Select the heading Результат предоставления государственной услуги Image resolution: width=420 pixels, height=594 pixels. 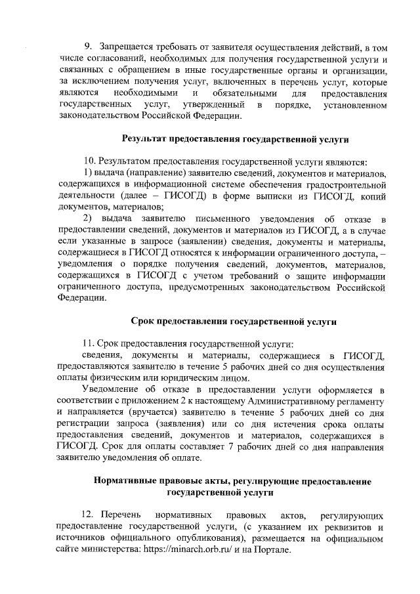pyautogui.click(x=236, y=140)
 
